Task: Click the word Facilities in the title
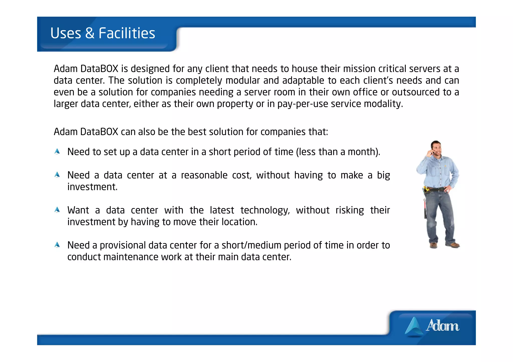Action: click(x=127, y=33)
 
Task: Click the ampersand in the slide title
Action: click(x=90, y=33)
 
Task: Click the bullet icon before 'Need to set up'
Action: click(x=57, y=151)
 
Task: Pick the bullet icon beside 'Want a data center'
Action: click(x=57, y=210)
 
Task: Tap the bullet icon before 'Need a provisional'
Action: click(x=57, y=245)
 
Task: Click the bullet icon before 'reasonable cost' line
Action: click(x=57, y=175)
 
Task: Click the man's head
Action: click(x=436, y=147)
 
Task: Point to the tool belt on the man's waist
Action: click(x=436, y=189)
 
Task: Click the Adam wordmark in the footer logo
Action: click(x=442, y=325)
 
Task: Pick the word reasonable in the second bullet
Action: click(x=204, y=175)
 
